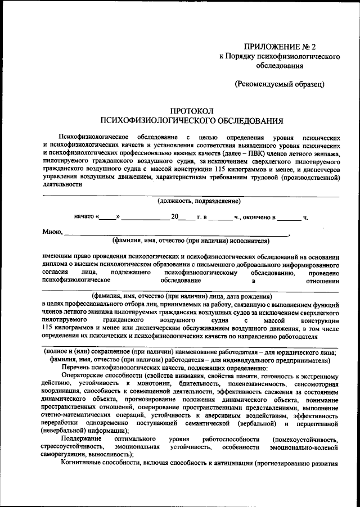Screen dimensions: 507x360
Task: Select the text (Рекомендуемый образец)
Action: click(280, 84)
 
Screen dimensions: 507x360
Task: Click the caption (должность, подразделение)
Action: click(191, 201)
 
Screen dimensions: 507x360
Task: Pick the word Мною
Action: click(52, 232)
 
